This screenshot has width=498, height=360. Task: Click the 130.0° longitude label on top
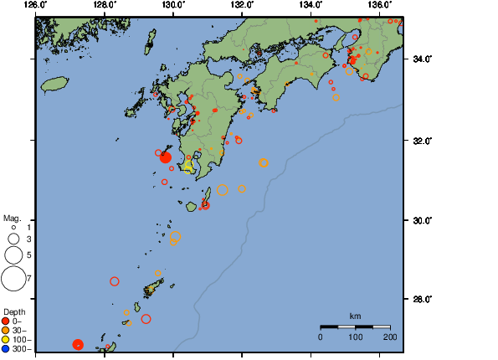pyautogui.click(x=172, y=5)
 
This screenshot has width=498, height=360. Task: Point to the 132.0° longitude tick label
pyautogui.click(x=241, y=5)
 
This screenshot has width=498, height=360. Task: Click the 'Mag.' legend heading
pyautogui.click(x=11, y=218)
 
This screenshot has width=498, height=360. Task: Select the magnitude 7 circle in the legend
pyautogui.click(x=13, y=277)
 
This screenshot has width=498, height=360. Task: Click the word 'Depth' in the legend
pyautogui.click(x=14, y=311)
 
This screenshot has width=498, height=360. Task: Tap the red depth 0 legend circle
pyautogui.click(x=6, y=321)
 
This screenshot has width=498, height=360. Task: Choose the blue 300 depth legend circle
pyautogui.click(x=6, y=348)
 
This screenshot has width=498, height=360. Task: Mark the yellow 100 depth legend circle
pyautogui.click(x=6, y=339)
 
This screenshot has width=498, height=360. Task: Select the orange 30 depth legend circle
pyautogui.click(x=6, y=330)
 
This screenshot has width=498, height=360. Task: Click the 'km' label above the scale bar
pyautogui.click(x=355, y=316)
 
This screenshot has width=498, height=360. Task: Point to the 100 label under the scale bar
pyautogui.click(x=355, y=337)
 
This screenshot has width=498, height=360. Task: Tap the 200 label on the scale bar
pyautogui.click(x=390, y=337)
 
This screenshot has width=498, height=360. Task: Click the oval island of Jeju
pyautogui.click(x=54, y=84)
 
